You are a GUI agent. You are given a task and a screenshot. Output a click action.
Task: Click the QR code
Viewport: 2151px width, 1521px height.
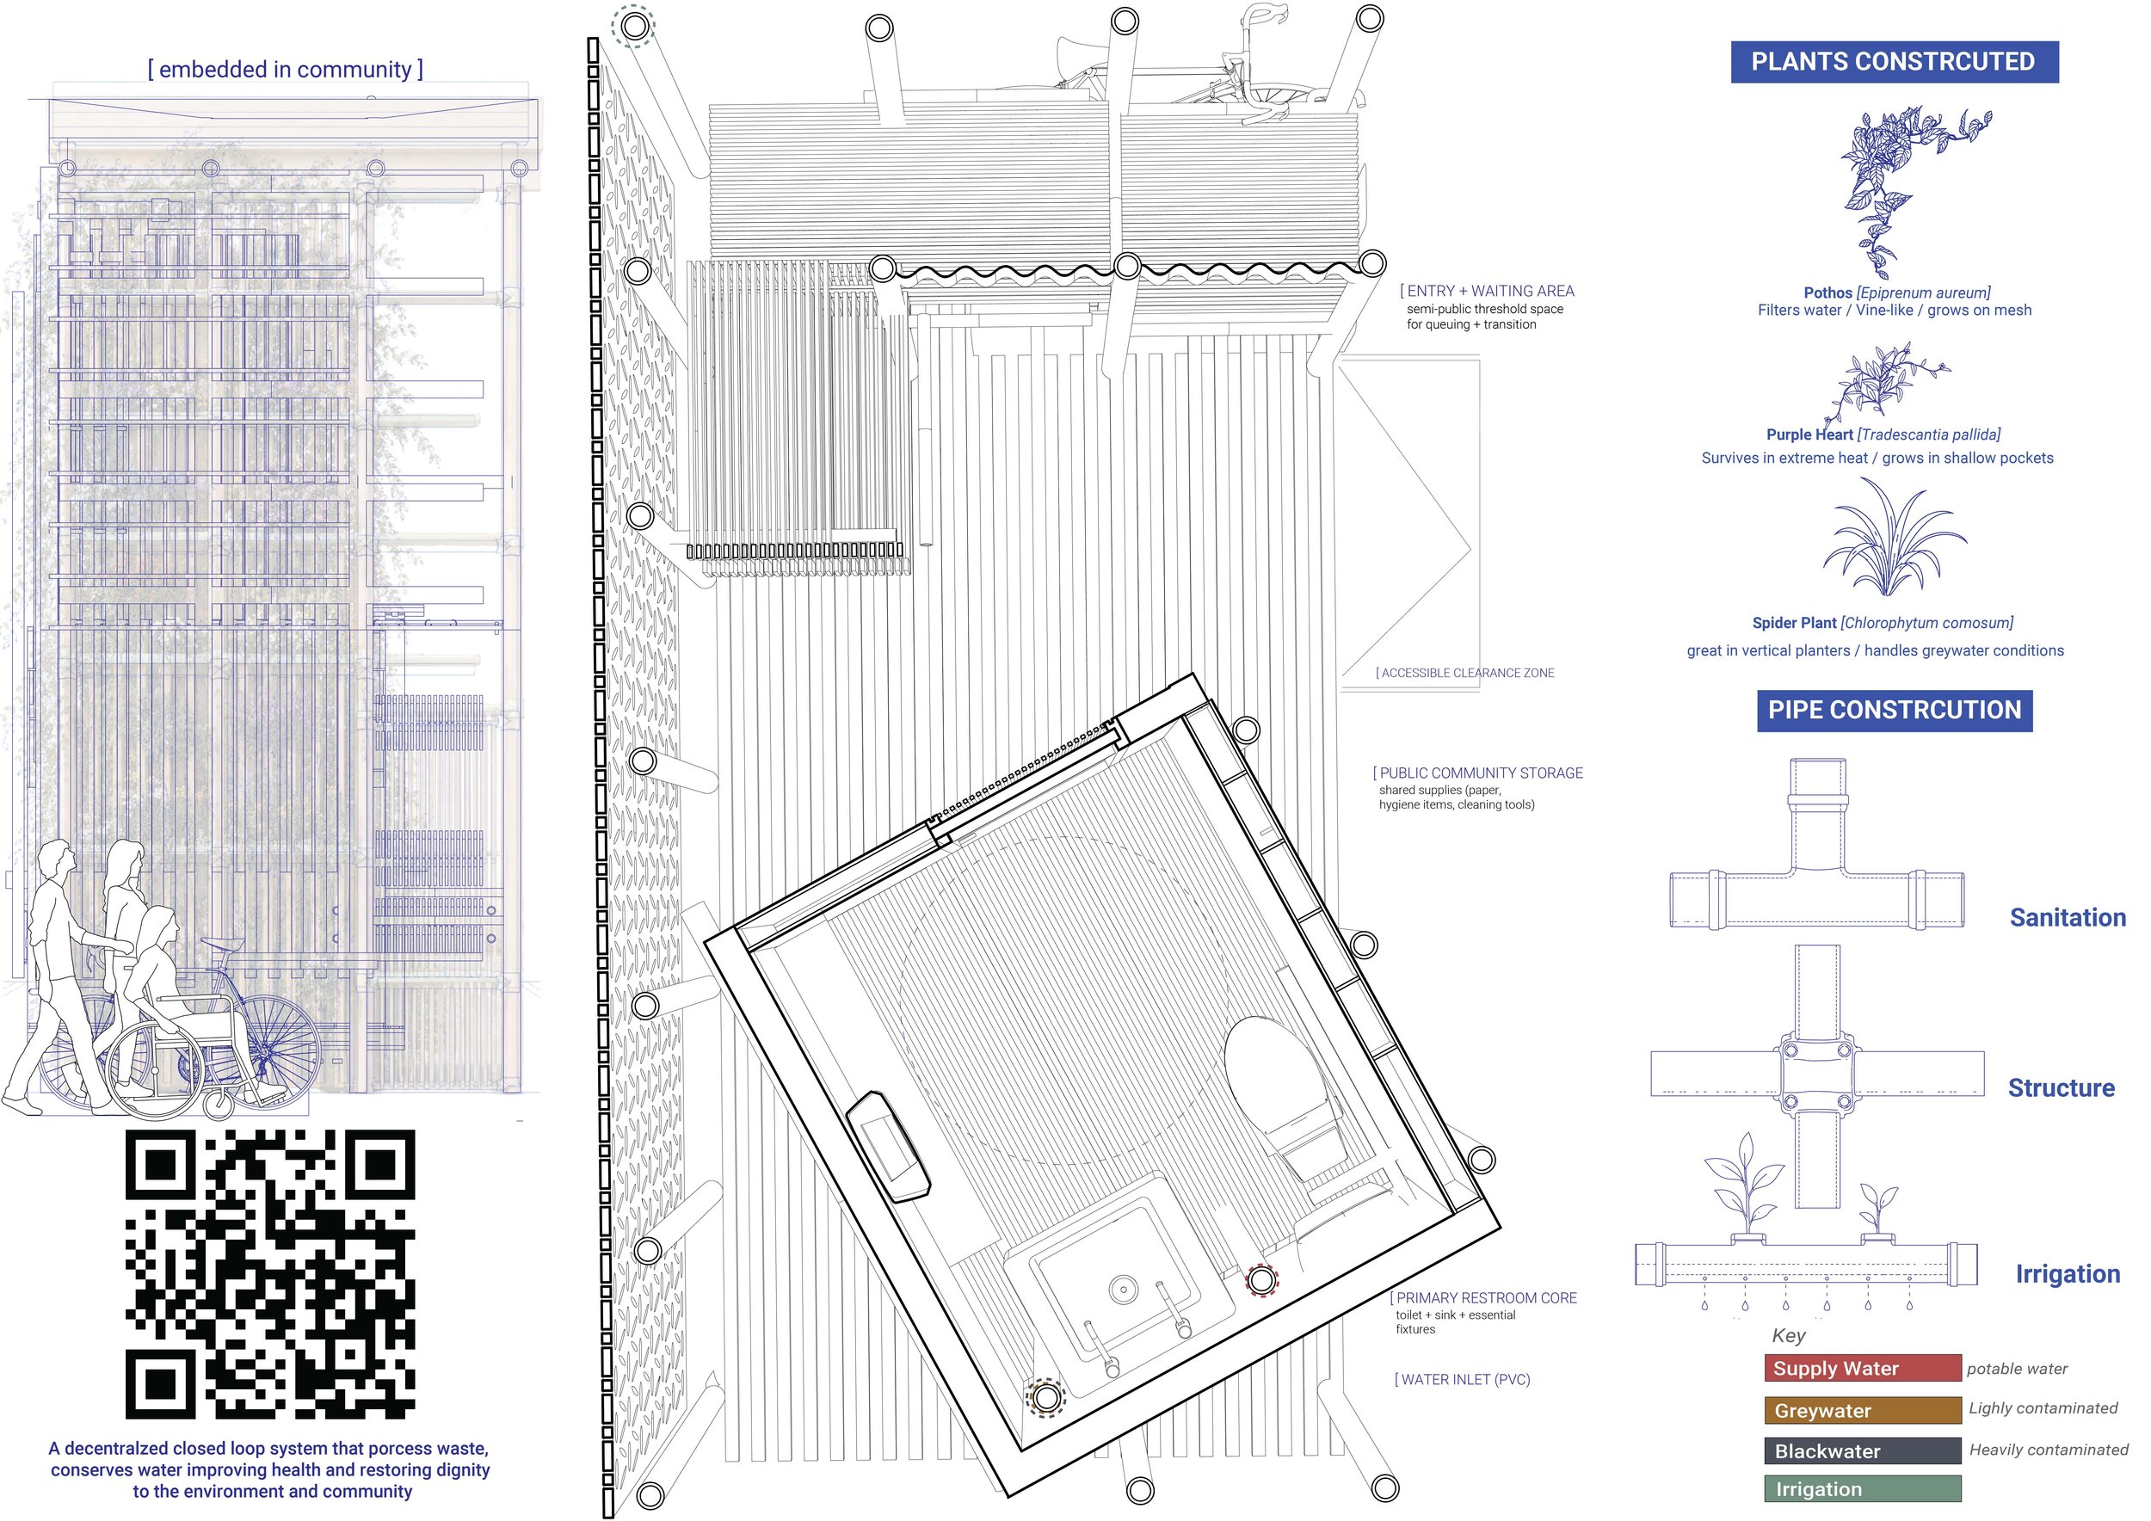point(271,1274)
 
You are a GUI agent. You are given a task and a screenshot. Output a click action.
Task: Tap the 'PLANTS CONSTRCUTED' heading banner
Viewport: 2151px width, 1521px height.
point(1895,62)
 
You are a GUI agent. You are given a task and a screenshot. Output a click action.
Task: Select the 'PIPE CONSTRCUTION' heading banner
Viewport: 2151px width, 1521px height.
point(1895,710)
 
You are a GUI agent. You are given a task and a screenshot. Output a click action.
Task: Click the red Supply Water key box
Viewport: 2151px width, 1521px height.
point(1863,1369)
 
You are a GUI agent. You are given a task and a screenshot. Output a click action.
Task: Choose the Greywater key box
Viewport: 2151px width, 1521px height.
point(1863,1411)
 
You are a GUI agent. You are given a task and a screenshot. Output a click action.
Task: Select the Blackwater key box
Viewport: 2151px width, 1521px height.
point(1863,1450)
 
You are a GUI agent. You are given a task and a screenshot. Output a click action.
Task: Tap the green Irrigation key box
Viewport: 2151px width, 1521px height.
point(1863,1489)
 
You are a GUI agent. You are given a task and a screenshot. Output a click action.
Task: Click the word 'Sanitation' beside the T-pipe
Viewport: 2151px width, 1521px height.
point(2068,918)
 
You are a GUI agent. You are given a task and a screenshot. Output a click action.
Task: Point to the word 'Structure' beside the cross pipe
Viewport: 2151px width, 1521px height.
point(2061,1088)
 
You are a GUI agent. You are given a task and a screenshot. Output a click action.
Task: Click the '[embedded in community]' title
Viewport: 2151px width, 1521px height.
point(286,70)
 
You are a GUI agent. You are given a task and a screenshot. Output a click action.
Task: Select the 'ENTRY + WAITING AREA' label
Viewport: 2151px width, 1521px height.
point(1488,292)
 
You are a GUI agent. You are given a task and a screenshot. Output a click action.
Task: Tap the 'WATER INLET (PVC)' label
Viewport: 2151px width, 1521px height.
point(1463,1380)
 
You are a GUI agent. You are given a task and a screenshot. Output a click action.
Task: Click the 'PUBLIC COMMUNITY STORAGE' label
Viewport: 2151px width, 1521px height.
point(1478,773)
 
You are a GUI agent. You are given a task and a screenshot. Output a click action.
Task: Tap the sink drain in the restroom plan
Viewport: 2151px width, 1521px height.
point(1124,1290)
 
